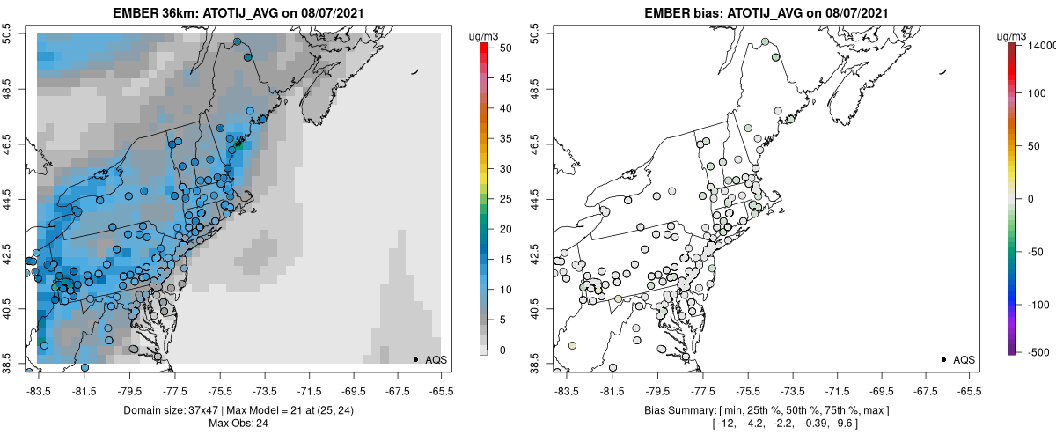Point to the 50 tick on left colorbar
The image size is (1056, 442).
click(498, 49)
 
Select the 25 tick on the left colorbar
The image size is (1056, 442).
click(498, 200)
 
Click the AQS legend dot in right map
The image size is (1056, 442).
click(944, 359)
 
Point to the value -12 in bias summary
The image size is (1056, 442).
click(726, 424)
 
